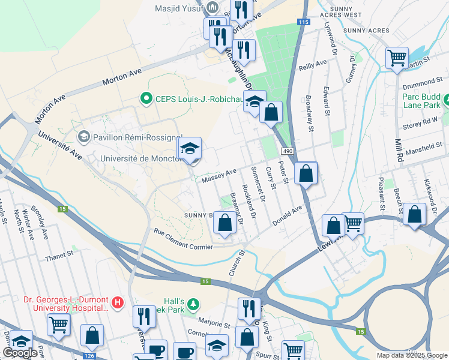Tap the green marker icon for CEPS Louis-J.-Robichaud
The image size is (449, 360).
(144, 98)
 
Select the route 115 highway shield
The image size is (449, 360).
(303, 22)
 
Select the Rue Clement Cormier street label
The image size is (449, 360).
(183, 239)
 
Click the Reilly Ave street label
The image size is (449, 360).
(313, 65)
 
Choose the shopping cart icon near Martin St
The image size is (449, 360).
(397, 58)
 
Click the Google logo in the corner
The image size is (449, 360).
(20, 353)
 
